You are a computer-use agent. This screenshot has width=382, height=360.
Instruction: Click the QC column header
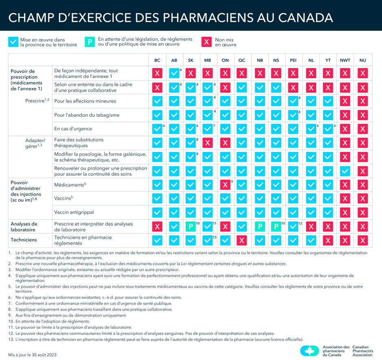(242, 60)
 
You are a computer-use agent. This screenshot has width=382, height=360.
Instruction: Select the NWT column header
(345, 60)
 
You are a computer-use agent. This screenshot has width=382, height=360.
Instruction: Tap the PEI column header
(293, 60)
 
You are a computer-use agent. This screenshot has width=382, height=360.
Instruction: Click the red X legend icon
(207, 42)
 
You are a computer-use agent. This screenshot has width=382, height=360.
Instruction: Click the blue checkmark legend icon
(13, 42)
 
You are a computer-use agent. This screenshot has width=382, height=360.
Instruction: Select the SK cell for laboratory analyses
(191, 227)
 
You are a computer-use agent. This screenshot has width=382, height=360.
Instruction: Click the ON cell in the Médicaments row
(225, 185)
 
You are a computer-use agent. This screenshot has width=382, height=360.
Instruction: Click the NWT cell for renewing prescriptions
(345, 171)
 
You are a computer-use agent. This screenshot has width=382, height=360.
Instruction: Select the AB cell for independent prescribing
(174, 74)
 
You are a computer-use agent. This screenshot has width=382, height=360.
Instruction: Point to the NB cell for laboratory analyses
(259, 227)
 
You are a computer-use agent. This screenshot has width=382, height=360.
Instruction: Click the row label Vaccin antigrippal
(74, 212)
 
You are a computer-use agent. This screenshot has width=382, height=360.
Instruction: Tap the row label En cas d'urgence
(73, 129)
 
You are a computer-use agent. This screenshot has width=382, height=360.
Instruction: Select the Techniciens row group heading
(24, 240)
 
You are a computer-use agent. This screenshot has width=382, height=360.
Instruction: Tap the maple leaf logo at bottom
(310, 351)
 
